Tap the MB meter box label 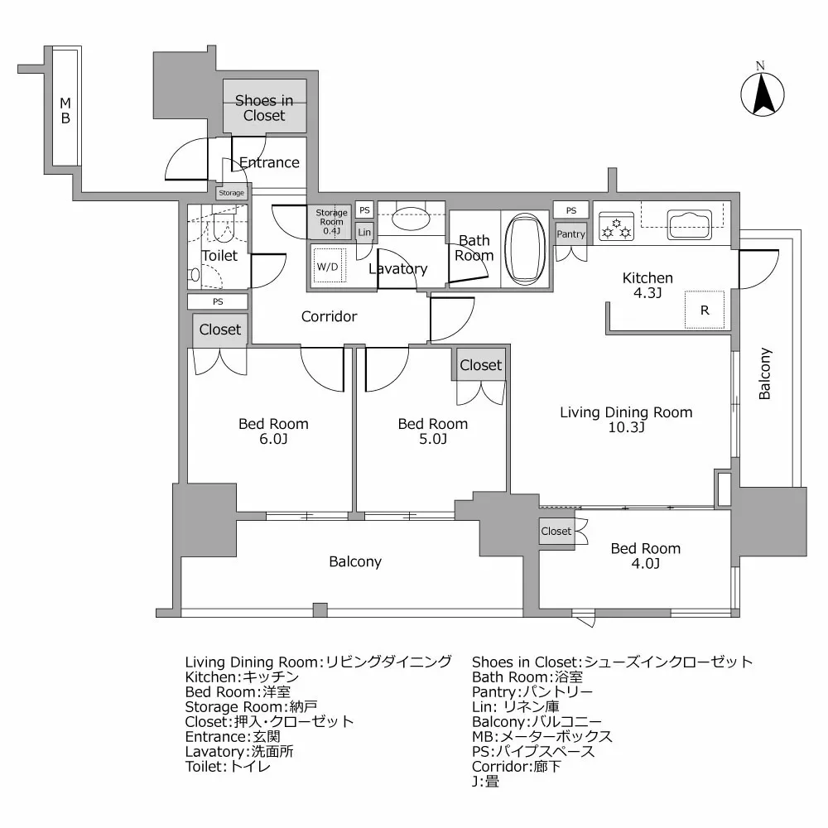click(x=65, y=111)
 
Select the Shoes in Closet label click(x=264, y=108)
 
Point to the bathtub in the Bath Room click(x=523, y=248)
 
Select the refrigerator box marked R click(x=704, y=311)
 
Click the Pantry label click(x=570, y=234)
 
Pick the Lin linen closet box click(x=364, y=233)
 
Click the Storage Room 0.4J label click(x=330, y=222)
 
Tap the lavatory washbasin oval click(x=410, y=220)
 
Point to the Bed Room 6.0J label click(x=273, y=431)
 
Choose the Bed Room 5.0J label click(x=432, y=431)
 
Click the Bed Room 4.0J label click(x=646, y=556)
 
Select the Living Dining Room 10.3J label click(x=626, y=419)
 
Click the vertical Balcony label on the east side click(x=765, y=373)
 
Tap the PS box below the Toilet click(x=218, y=302)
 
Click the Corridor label click(x=329, y=316)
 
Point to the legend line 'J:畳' click(x=485, y=781)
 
